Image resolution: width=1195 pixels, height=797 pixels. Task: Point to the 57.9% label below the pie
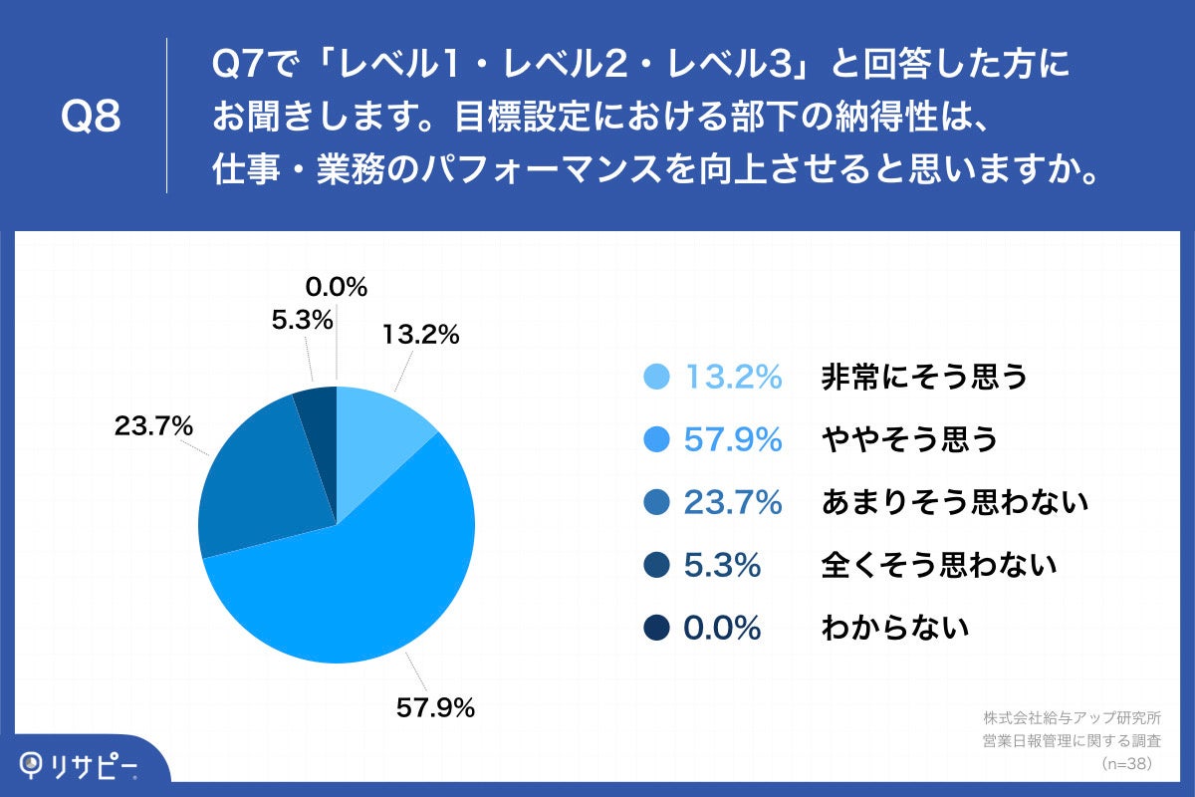click(x=435, y=708)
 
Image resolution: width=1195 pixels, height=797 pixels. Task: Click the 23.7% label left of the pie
click(x=152, y=426)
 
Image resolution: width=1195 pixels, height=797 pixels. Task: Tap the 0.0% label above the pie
click(x=337, y=288)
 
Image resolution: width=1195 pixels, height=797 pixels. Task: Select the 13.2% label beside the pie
click(x=419, y=336)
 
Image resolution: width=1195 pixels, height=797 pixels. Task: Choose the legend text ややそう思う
click(x=909, y=439)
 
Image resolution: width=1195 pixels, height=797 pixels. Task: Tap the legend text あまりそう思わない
click(x=953, y=503)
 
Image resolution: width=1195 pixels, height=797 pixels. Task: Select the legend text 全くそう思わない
click(x=938, y=566)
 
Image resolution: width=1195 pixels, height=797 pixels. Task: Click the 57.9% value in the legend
click(x=733, y=439)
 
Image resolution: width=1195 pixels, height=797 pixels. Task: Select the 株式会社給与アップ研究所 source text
click(x=1072, y=718)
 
